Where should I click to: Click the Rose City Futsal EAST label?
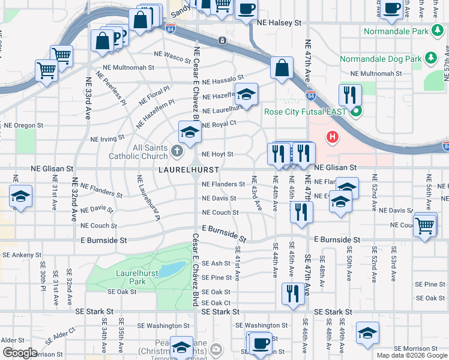[306, 111]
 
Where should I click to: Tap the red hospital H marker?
[332, 137]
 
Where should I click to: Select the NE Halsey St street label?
[279, 22]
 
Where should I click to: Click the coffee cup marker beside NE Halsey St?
[246, 8]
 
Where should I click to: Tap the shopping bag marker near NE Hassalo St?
[282, 67]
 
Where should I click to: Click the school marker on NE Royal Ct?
[190, 131]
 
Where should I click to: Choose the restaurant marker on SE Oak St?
[292, 293]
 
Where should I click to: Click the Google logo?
[20, 353]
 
